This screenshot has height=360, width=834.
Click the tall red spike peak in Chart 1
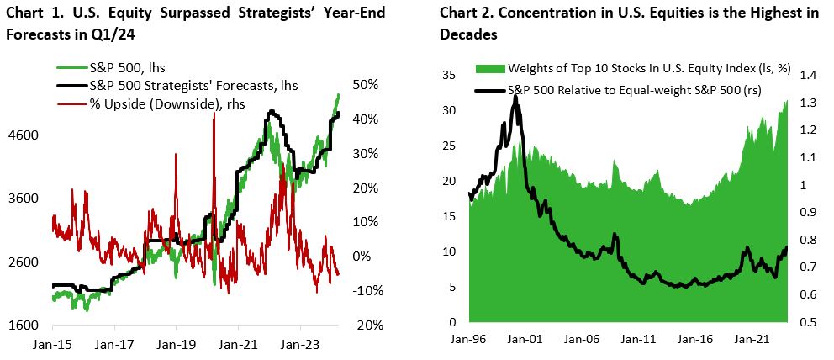214,113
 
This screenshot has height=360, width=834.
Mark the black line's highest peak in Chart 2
515,97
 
